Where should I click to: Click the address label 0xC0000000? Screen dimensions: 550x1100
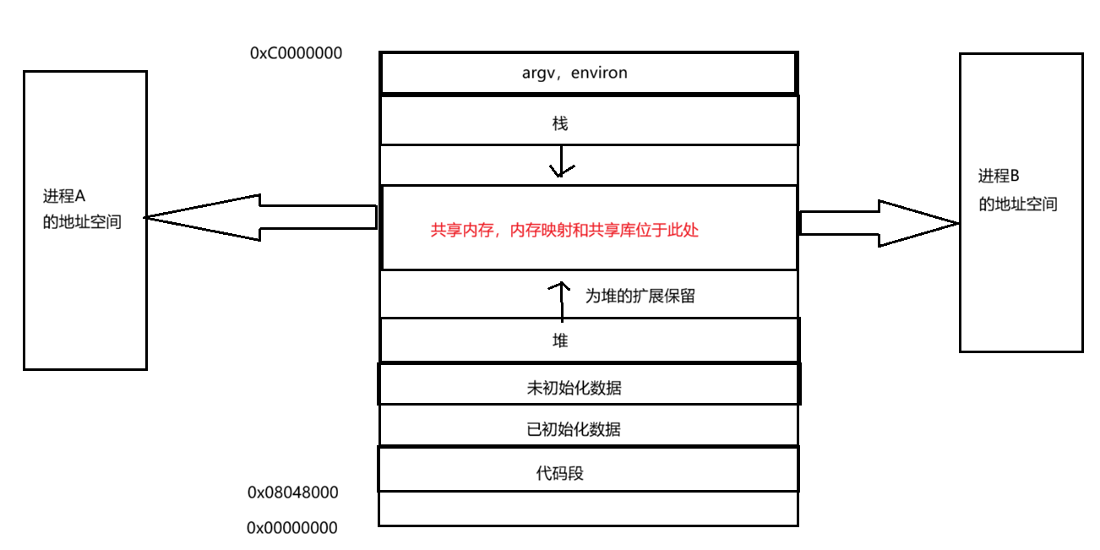click(296, 53)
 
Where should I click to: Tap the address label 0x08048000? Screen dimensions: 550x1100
click(292, 492)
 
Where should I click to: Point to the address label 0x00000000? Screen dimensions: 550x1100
click(291, 528)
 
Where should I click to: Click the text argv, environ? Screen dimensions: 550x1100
click(575, 73)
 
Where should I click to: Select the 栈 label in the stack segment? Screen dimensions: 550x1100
click(559, 124)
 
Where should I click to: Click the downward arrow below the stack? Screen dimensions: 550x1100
click(559, 163)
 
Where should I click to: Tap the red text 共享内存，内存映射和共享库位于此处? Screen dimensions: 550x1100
click(564, 230)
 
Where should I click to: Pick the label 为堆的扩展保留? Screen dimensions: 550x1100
click(640, 297)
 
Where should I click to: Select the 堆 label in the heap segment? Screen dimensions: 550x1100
click(559, 340)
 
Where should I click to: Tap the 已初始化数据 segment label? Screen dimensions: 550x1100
click(574, 429)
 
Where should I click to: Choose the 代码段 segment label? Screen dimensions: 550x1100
click(559, 473)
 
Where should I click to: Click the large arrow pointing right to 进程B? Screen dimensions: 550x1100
click(879, 223)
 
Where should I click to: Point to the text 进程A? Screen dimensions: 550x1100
click(64, 197)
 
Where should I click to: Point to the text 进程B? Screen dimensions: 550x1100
click(999, 177)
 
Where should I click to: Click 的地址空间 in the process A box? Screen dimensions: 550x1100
click(82, 223)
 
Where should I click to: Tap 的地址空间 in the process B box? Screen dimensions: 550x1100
click(1018, 204)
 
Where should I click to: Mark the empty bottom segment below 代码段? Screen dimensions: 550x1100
click(587, 509)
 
